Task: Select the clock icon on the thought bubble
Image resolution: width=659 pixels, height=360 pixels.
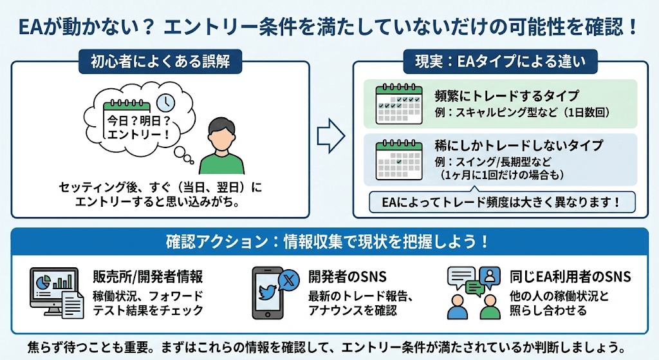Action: click(x=167, y=102)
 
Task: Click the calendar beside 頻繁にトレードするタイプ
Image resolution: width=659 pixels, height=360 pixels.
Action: click(x=399, y=104)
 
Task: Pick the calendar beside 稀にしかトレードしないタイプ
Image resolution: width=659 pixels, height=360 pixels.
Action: click(x=399, y=159)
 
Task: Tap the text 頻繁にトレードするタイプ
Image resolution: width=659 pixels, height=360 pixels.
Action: click(x=507, y=95)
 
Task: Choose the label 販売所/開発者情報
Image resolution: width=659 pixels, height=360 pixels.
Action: click(x=148, y=277)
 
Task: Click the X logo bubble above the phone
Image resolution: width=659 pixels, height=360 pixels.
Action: click(x=288, y=279)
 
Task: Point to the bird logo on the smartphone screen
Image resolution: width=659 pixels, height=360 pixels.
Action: click(x=266, y=291)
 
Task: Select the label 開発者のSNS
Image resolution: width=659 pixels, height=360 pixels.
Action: click(x=348, y=277)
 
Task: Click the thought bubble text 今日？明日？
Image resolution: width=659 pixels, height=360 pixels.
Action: click(x=138, y=120)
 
